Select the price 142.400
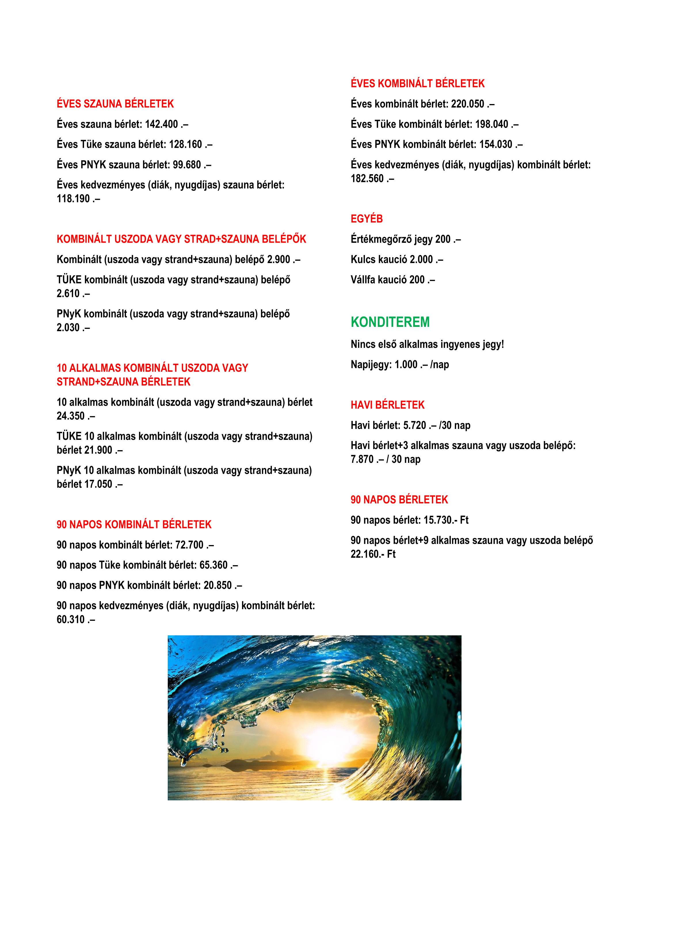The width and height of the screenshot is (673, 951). coord(161,124)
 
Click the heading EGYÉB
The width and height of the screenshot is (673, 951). coord(367,219)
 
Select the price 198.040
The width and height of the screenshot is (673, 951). coord(491,124)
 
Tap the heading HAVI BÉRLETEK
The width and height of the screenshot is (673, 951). coord(387,405)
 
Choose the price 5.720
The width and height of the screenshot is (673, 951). coord(414,425)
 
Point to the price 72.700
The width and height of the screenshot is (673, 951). coord(189,545)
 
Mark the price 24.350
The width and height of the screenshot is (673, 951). coord(70,416)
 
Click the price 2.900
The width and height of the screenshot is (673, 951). coord(278,260)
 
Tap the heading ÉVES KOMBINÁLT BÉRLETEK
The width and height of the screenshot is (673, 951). coord(417,84)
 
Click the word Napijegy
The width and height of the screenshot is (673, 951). coord(370,365)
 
